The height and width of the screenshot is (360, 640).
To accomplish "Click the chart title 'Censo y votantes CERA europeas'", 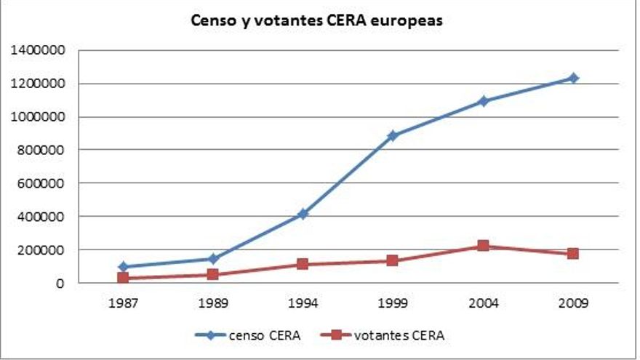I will point(316,21).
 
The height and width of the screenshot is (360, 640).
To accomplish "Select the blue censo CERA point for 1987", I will point(123,267).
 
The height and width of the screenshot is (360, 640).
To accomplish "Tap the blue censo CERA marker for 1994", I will point(303,214).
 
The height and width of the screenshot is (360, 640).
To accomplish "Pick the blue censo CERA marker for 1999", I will point(393,135).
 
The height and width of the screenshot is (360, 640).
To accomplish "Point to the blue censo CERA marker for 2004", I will point(483,101).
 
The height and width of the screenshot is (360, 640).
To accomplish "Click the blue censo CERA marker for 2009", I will point(573,78).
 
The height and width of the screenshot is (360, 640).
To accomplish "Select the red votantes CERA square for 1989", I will point(213,275).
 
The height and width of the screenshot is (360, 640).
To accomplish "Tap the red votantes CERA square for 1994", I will point(303,264).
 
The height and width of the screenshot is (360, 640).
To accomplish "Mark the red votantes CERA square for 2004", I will point(483,246).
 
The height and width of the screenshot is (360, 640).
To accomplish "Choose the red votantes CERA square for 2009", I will point(573,254).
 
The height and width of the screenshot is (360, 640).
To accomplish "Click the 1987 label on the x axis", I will point(123,302).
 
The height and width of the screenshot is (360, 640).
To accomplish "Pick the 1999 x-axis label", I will point(393,302).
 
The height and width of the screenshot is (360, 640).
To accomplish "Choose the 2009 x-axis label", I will point(573,302).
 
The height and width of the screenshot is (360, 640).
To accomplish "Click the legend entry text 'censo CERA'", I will point(264,335).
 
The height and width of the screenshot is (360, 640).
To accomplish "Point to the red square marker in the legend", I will point(337,335).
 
